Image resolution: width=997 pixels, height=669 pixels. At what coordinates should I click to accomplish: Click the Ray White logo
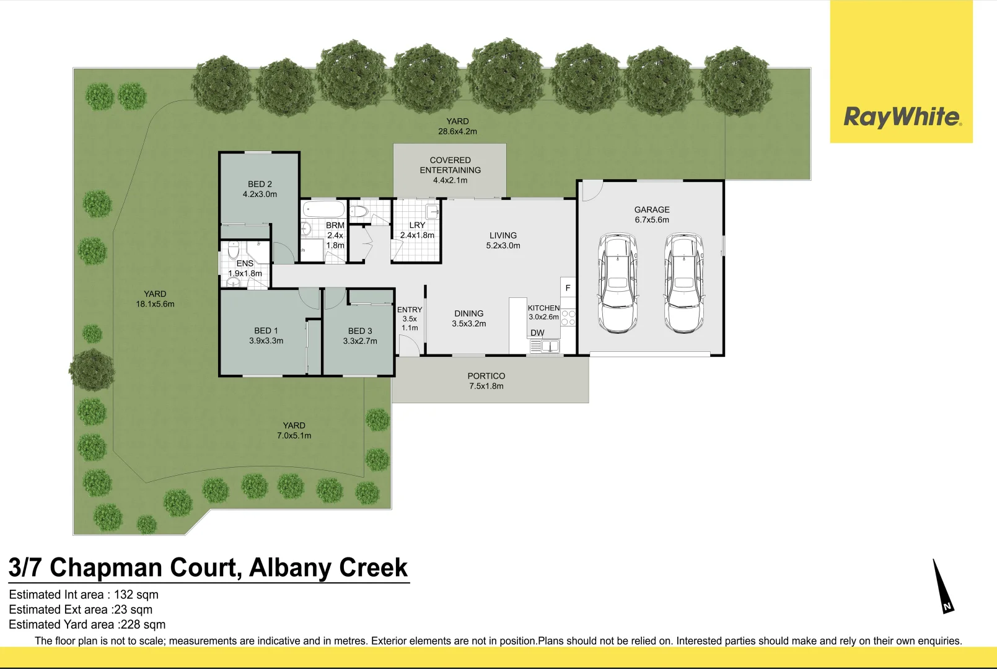click(902, 116)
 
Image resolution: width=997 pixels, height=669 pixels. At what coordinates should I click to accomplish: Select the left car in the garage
click(617, 283)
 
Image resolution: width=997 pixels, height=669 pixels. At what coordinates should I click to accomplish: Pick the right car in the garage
click(684, 283)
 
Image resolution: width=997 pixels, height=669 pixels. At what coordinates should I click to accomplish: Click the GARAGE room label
click(652, 210)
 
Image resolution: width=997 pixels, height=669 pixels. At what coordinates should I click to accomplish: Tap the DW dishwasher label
click(537, 333)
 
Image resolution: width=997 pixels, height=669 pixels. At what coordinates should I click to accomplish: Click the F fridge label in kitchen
click(568, 288)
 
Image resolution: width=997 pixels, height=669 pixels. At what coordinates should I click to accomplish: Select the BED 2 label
click(260, 184)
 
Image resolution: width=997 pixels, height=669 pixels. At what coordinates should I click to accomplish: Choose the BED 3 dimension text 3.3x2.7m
click(360, 341)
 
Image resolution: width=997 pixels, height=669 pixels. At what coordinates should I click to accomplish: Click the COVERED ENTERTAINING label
click(450, 165)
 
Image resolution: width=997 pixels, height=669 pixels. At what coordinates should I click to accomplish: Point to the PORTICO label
click(486, 376)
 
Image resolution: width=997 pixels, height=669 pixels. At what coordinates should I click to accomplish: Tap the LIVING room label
click(503, 235)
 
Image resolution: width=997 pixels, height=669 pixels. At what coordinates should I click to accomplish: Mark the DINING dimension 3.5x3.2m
click(469, 324)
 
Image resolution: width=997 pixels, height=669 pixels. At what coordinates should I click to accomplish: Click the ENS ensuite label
click(245, 263)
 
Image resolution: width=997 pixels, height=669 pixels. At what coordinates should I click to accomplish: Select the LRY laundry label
click(417, 225)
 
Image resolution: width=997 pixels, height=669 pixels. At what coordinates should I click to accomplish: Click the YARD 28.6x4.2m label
click(458, 126)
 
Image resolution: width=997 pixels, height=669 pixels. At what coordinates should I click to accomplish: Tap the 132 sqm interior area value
click(136, 595)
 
